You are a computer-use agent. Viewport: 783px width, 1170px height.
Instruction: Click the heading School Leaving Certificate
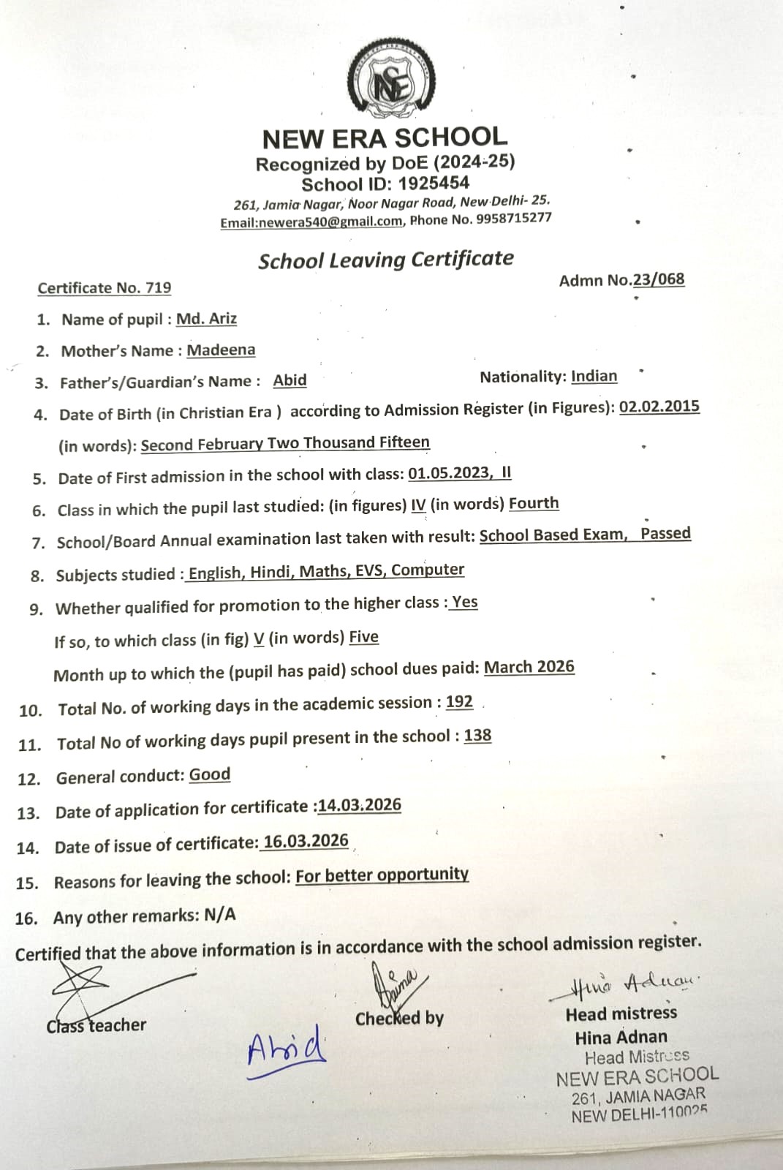click(x=386, y=260)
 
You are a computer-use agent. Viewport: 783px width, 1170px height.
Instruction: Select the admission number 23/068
click(x=659, y=279)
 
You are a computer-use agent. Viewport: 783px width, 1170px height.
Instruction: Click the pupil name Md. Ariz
click(x=206, y=319)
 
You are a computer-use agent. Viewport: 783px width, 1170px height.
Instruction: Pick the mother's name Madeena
click(x=221, y=350)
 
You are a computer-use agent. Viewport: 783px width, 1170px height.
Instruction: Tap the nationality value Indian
click(x=594, y=376)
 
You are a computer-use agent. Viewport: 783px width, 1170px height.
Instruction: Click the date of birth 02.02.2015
click(x=659, y=407)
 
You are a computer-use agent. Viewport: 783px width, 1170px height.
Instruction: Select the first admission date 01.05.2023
click(x=449, y=473)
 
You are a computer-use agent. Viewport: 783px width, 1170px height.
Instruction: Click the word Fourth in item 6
click(x=534, y=504)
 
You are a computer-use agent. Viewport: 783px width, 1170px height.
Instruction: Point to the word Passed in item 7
click(x=665, y=533)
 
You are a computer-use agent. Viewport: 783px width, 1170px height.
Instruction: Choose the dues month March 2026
click(x=529, y=668)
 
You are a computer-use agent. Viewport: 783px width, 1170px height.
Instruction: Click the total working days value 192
click(x=459, y=702)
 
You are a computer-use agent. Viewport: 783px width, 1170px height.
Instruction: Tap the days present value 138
click(x=477, y=736)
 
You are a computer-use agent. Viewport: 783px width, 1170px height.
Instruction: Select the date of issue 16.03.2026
click(x=306, y=842)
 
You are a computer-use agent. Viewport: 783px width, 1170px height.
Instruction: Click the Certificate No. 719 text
click(x=105, y=288)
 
